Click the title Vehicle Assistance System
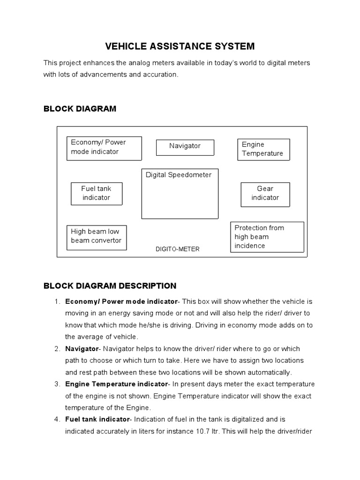180,46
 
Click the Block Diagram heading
80,109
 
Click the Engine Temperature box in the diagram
263,149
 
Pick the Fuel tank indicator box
97,193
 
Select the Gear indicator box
265,193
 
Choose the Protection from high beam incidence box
267,237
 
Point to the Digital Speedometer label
179,175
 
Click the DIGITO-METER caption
177,249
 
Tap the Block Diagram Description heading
110,286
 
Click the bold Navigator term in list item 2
82,349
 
